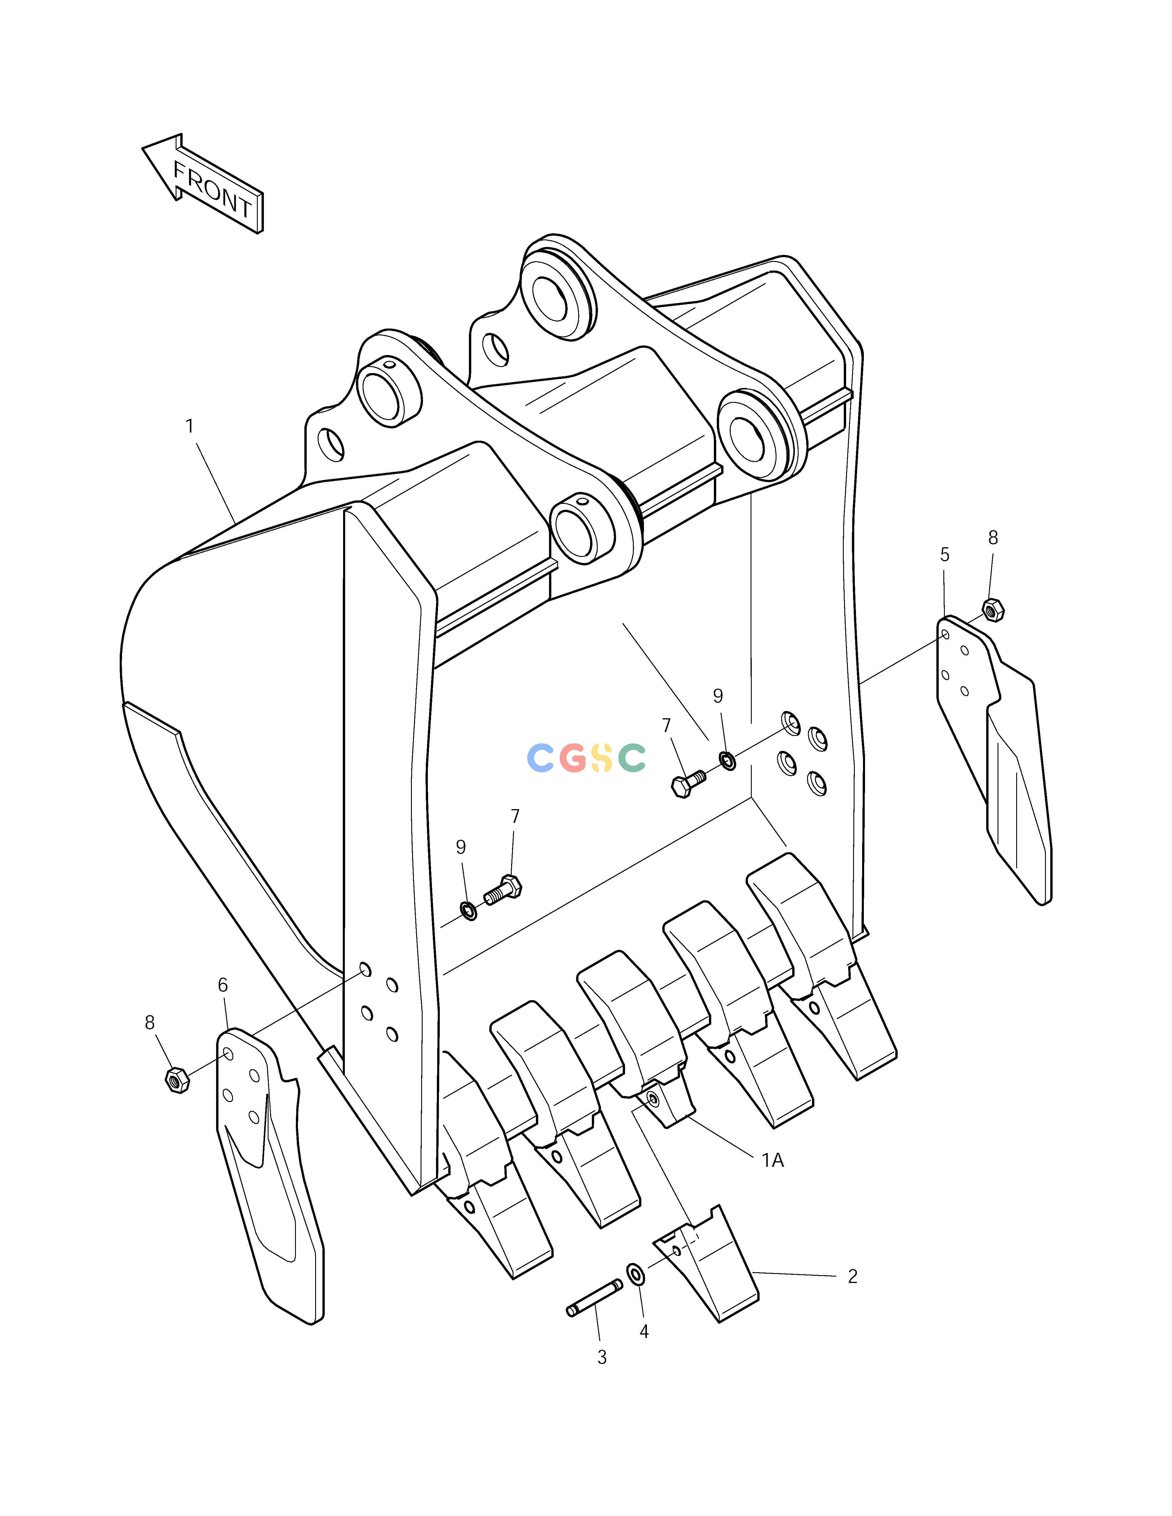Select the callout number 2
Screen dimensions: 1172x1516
(852, 1277)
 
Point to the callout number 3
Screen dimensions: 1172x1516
(602, 1357)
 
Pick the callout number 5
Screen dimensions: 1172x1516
(944, 555)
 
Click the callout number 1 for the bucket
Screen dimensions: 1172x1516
(190, 426)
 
